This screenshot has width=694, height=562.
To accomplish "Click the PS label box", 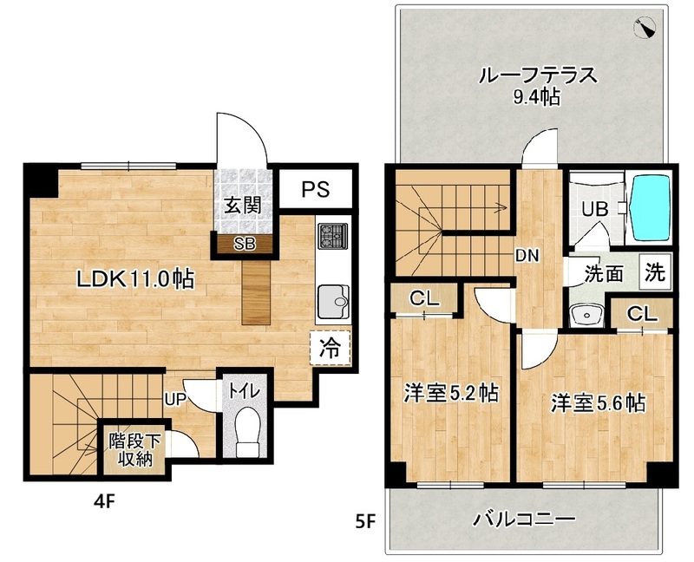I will click(315, 189).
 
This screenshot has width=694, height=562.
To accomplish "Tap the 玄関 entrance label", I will click(244, 206).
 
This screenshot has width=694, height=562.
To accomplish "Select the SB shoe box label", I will click(244, 244).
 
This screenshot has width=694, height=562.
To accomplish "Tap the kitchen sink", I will click(333, 301).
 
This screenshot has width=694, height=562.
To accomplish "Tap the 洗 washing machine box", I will click(656, 272).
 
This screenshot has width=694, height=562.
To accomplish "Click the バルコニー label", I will click(523, 520).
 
